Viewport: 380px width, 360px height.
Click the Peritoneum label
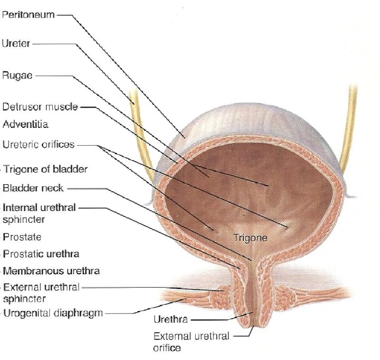point(28,15)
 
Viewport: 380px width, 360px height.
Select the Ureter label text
point(16,44)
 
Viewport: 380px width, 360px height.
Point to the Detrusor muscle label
point(40,107)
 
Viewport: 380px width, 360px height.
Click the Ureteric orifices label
point(38,144)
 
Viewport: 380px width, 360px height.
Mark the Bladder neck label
point(33,188)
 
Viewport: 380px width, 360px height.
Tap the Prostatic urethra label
point(41,254)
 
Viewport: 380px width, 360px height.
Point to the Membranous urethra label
point(51,272)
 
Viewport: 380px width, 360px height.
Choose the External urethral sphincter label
point(42,293)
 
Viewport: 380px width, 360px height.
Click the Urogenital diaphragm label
point(53,313)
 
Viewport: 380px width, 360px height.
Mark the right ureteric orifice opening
point(287,226)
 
